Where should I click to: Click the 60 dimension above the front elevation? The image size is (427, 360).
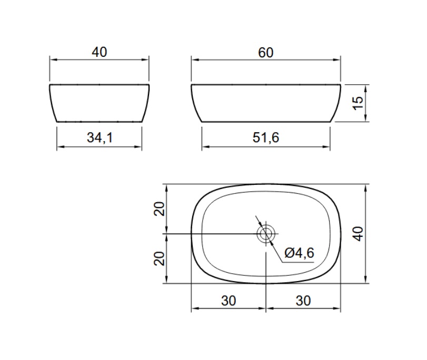(265, 53)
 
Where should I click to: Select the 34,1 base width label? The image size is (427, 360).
(100, 137)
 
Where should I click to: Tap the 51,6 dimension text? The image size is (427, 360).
(266, 137)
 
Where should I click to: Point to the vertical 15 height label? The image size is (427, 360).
(358, 103)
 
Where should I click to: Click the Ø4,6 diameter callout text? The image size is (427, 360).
(299, 253)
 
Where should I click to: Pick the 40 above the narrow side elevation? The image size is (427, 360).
(100, 52)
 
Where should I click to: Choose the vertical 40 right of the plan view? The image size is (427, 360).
(358, 234)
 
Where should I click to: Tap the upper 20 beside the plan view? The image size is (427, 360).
(160, 209)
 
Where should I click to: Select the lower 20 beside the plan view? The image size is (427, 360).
(160, 258)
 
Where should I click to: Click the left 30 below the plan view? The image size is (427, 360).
(229, 301)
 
